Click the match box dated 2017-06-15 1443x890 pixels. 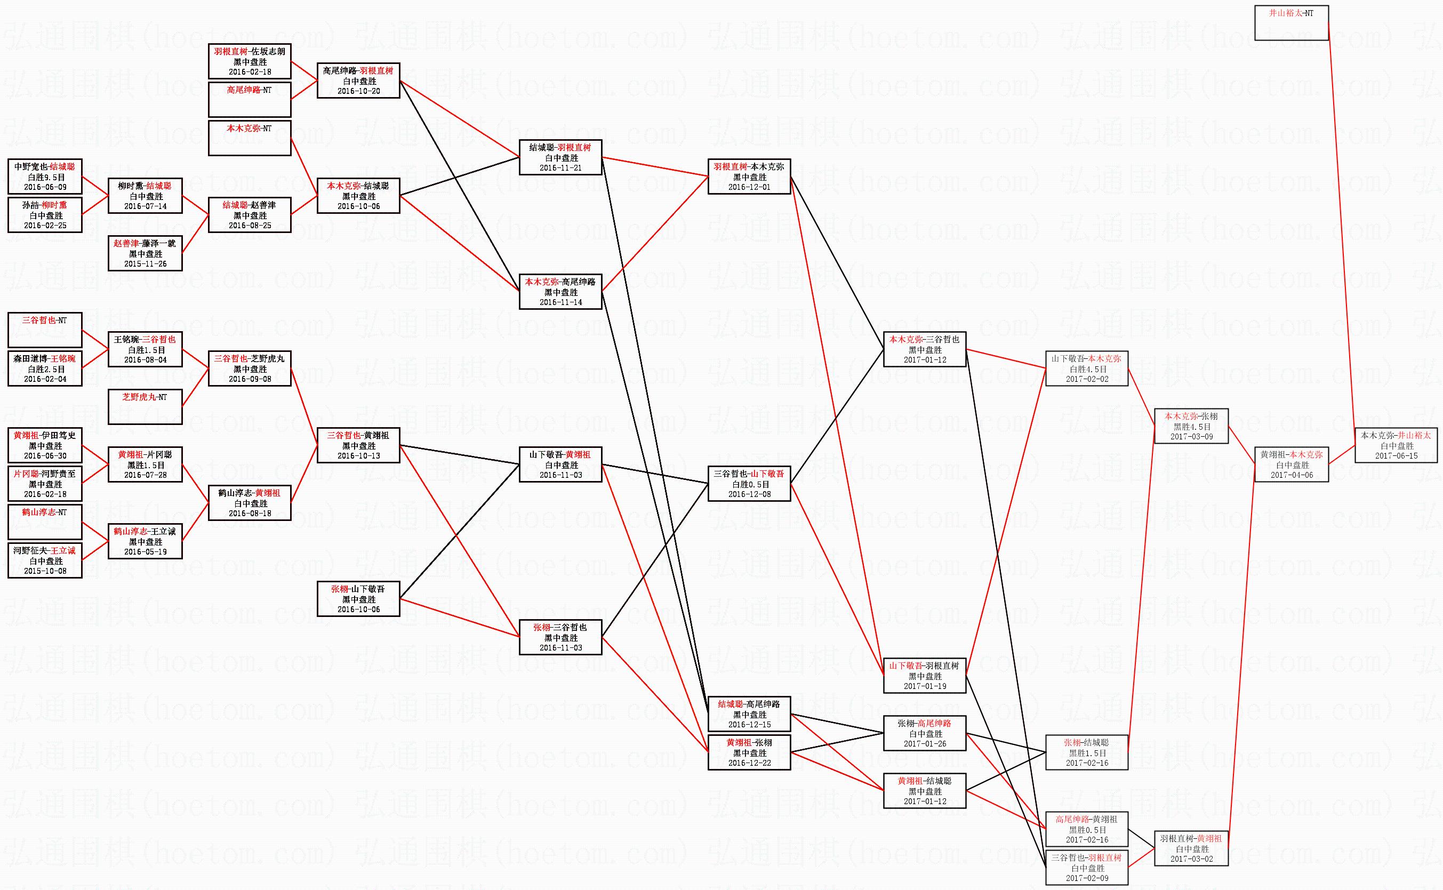coord(1396,446)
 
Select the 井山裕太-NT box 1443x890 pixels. coord(1291,23)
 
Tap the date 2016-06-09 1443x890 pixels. coord(45,187)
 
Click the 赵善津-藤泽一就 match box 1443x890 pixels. coord(146,254)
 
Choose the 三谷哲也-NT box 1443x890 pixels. coord(45,330)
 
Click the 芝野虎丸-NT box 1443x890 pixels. coord(146,406)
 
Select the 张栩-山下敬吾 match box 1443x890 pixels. coord(358,599)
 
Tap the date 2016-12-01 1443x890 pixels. coord(749,187)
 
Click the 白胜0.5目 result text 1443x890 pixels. coord(750,484)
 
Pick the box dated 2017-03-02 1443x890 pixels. coord(1191,849)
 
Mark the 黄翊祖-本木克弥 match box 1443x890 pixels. coord(1291,465)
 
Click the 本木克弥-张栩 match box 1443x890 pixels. coord(1191,426)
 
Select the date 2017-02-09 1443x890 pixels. coord(1086,878)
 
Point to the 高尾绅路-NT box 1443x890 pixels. coord(250,100)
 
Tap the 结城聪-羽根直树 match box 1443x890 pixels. coord(561,158)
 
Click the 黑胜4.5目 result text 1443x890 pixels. coord(1192,427)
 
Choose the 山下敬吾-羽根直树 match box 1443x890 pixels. coord(925,676)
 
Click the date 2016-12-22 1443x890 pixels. coord(749,763)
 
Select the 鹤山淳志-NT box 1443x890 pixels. coord(45,522)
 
